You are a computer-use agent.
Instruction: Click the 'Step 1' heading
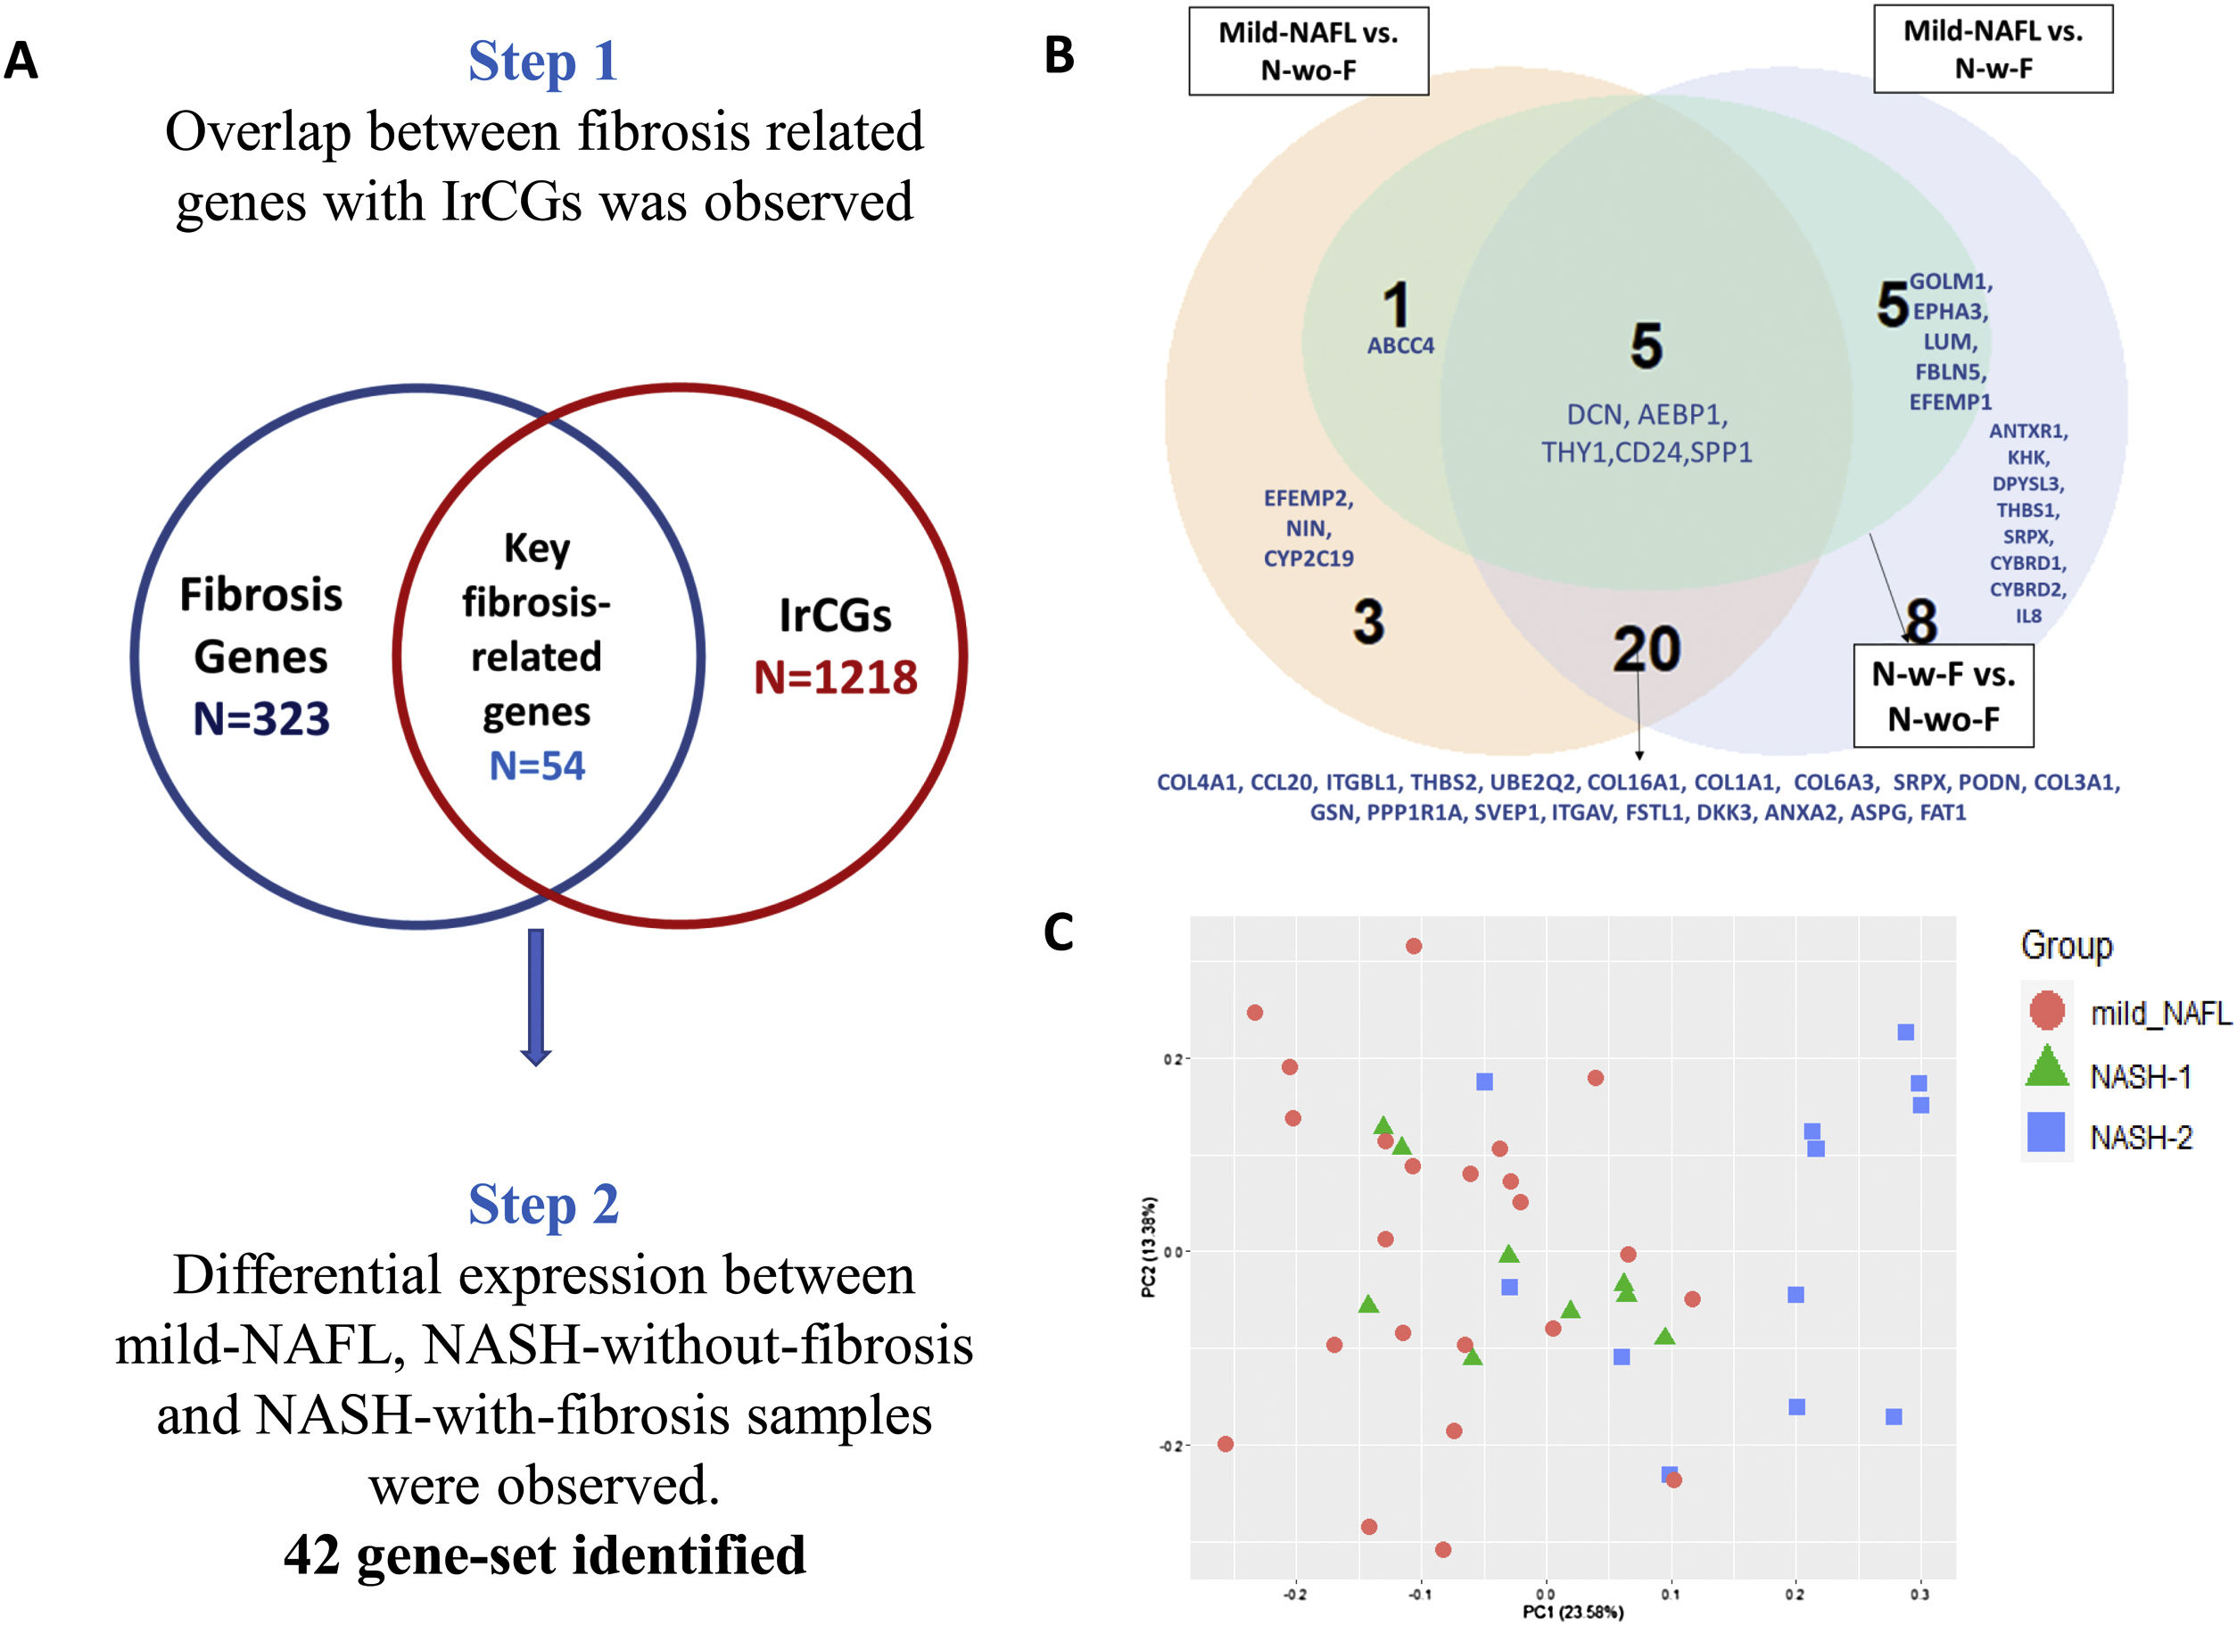pyautogui.click(x=543, y=62)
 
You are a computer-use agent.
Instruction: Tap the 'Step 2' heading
pyautogui.click(x=543, y=1204)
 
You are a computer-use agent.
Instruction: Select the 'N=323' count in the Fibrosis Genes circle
pyautogui.click(x=261, y=718)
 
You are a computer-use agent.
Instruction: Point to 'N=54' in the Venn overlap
pyautogui.click(x=538, y=766)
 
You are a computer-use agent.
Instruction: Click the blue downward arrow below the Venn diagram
pyautogui.click(x=535, y=997)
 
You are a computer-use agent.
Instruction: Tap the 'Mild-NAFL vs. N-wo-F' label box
pyautogui.click(x=1308, y=51)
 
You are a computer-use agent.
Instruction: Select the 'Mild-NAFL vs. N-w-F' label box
pyautogui.click(x=1993, y=49)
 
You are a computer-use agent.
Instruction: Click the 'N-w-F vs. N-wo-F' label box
pyautogui.click(x=1943, y=695)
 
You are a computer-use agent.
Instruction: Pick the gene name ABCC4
pyautogui.click(x=1399, y=346)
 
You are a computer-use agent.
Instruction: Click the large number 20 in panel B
pyautogui.click(x=1647, y=650)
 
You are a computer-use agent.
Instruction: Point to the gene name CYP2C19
pyautogui.click(x=1308, y=559)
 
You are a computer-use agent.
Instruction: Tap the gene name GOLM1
pyautogui.click(x=1951, y=282)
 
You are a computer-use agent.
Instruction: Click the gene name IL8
pyautogui.click(x=2028, y=616)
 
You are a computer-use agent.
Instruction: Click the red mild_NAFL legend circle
pyautogui.click(x=2047, y=1010)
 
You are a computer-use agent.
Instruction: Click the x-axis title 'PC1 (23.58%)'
pyautogui.click(x=1573, y=1612)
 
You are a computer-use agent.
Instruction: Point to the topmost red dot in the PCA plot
pyautogui.click(x=1414, y=946)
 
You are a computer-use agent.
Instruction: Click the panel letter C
pyautogui.click(x=1059, y=933)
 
